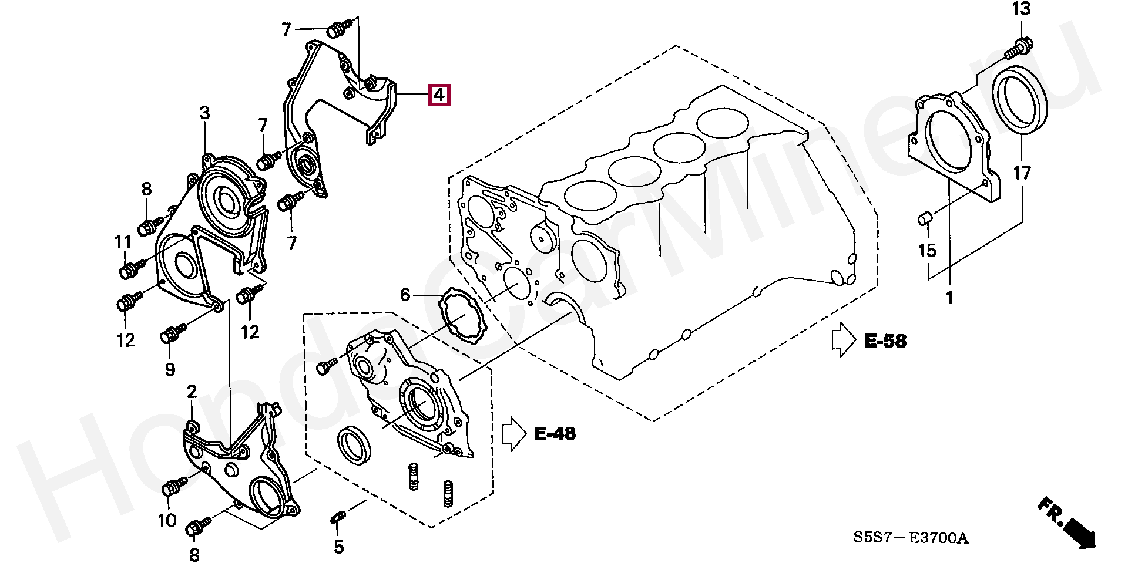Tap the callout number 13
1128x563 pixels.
(1022, 9)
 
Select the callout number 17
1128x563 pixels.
(1022, 173)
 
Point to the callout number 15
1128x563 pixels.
(927, 251)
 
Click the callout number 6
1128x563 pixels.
(405, 295)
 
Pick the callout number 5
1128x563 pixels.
(339, 547)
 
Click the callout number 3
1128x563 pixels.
(204, 113)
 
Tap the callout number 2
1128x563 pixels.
(192, 392)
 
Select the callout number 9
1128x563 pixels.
(170, 369)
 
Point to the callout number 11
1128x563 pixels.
(123, 242)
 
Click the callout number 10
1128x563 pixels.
(167, 520)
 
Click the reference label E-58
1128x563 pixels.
(885, 341)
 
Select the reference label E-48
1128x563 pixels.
(555, 434)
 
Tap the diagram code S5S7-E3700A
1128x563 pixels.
(911, 538)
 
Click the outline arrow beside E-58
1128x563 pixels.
(844, 339)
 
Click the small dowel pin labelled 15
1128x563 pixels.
(925, 220)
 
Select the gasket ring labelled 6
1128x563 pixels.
(462, 315)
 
